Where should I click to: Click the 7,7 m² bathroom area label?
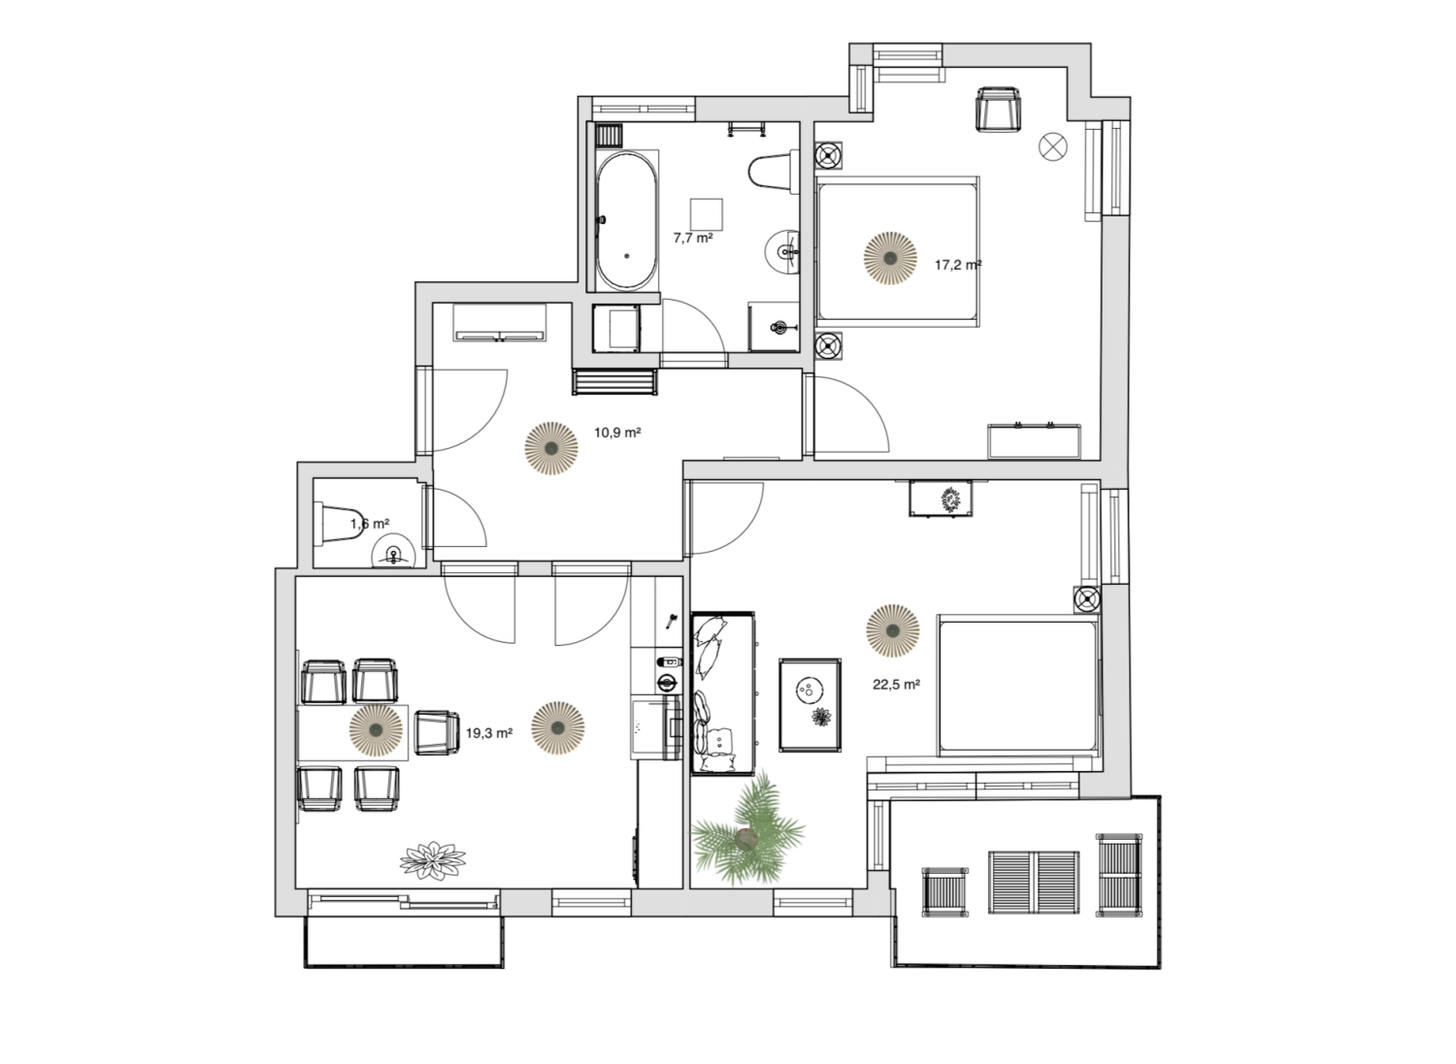(693, 237)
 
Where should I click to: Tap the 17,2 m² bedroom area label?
(958, 264)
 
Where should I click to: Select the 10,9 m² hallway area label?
(617, 433)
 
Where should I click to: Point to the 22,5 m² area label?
(896, 684)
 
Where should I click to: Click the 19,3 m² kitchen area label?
(489, 733)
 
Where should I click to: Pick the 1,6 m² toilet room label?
(370, 524)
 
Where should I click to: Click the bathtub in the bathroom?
(626, 220)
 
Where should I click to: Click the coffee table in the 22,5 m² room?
(810, 704)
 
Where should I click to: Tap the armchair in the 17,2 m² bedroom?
(999, 108)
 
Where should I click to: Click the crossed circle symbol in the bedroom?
(1053, 146)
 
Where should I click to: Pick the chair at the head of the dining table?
(437, 731)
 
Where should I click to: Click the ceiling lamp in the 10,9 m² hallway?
(550, 448)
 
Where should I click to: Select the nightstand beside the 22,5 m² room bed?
(1087, 598)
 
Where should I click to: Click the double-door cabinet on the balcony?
(1033, 882)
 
